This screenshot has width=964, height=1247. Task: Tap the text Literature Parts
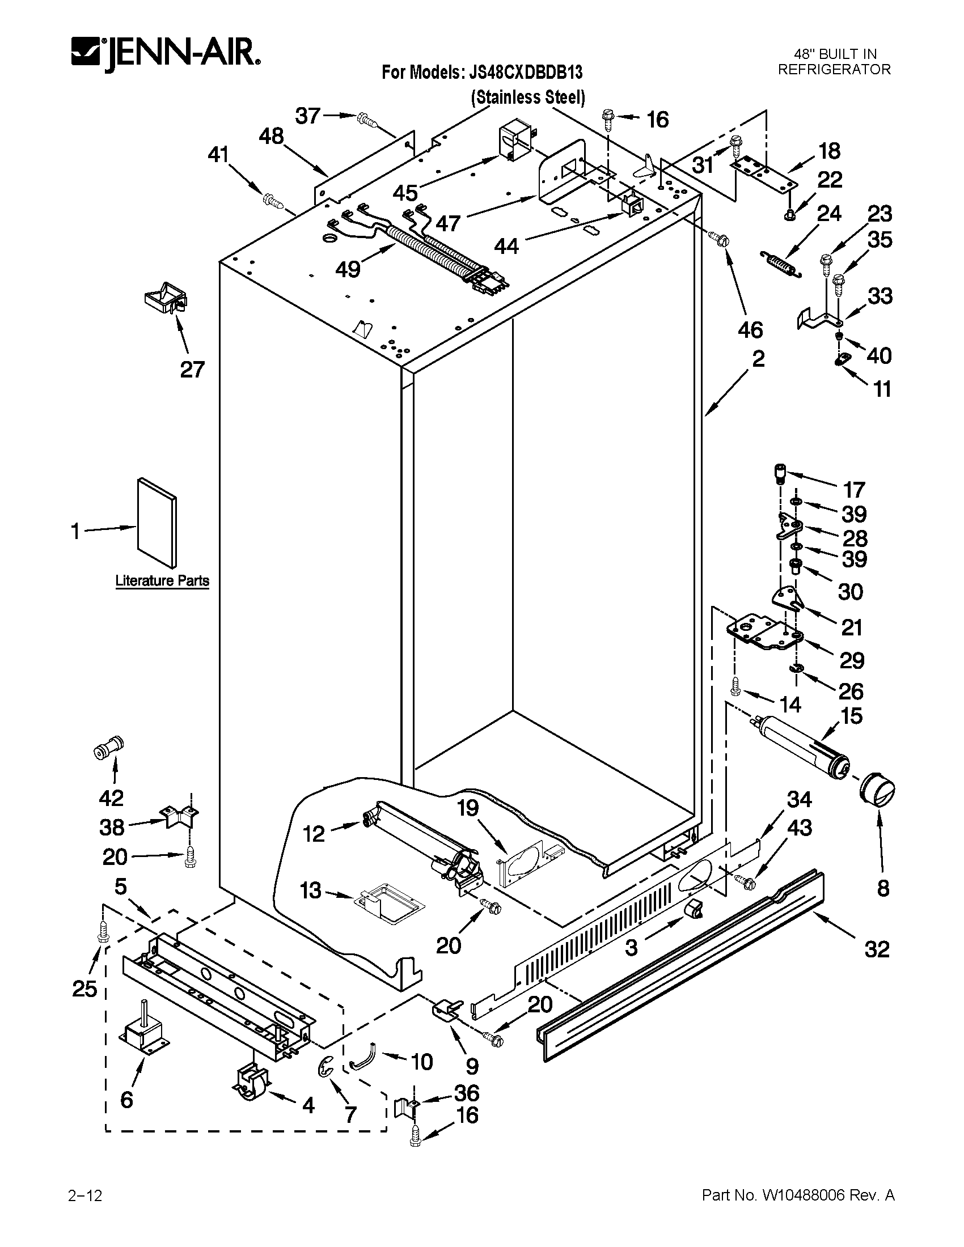pyautogui.click(x=162, y=581)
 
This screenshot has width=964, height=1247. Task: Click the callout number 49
pyautogui.click(x=348, y=268)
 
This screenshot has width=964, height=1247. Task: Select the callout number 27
pyautogui.click(x=192, y=370)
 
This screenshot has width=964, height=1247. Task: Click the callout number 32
pyautogui.click(x=877, y=949)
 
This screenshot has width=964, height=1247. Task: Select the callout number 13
pyautogui.click(x=311, y=890)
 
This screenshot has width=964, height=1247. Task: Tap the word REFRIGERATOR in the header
pyautogui.click(x=834, y=70)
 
